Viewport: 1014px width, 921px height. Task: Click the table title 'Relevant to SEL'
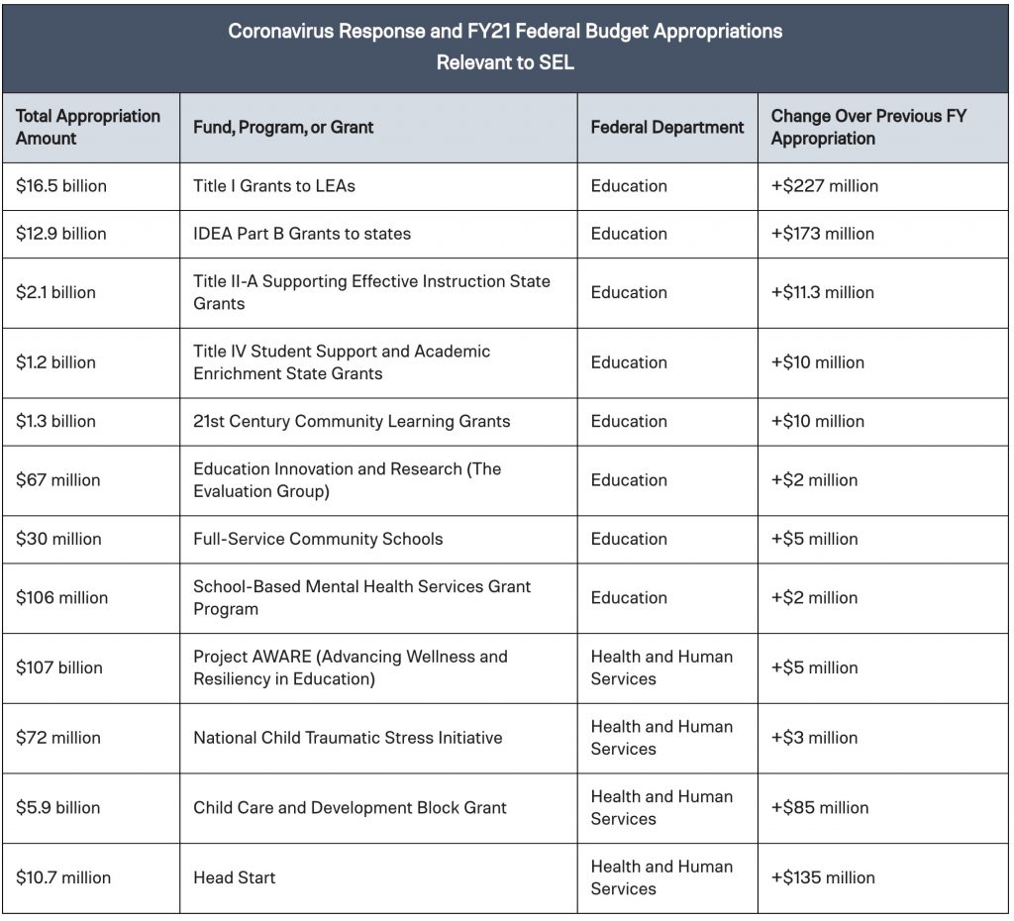505,62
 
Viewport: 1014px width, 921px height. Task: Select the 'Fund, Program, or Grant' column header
283,128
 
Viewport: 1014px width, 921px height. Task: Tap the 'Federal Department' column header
667,128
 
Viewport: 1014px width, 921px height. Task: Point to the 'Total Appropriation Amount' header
88,128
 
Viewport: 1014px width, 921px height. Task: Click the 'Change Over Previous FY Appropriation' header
868,128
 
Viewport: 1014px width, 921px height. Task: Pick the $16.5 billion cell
61,186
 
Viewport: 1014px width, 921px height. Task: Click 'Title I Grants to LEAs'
274,186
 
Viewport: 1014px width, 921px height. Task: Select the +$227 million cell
825,186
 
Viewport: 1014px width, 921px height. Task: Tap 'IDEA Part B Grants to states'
302,234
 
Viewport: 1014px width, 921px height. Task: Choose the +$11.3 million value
823,292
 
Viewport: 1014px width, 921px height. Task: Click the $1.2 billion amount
55,362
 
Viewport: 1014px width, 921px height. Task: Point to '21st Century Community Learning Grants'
352,421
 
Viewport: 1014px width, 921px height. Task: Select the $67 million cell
58,480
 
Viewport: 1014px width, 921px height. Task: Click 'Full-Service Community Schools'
318,539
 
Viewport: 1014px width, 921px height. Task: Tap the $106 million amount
62,597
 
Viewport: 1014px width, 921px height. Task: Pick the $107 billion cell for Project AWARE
59,667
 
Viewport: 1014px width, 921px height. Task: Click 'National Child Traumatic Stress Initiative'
348,738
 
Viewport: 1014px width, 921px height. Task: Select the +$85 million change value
820,808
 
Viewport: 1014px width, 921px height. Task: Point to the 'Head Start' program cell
234,877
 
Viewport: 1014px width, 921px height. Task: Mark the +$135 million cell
823,877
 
